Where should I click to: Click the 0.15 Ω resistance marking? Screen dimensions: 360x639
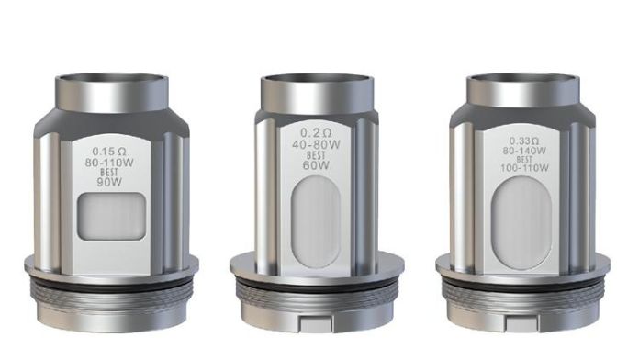click(109, 146)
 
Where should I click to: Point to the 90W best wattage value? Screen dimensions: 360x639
click(109, 182)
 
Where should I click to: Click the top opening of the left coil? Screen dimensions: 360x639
click(110, 80)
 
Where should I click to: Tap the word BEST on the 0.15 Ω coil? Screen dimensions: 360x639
click(109, 171)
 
